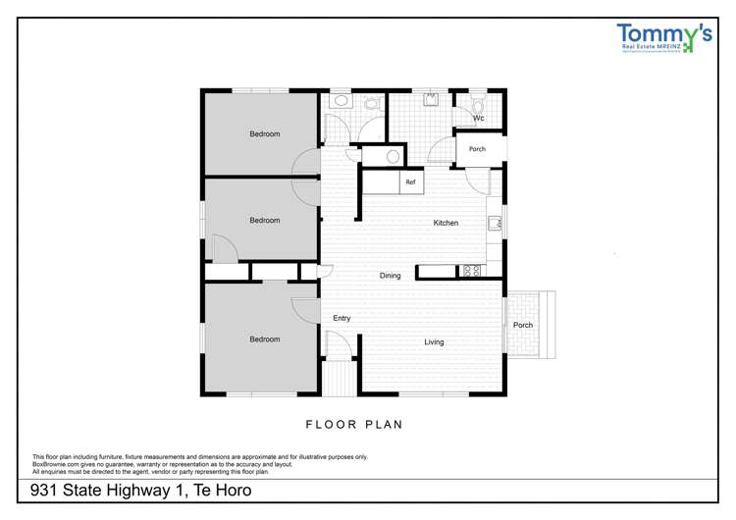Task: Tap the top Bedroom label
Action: pos(264,134)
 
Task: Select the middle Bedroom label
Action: pos(264,221)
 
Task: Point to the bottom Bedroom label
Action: pos(264,339)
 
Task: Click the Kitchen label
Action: pos(446,224)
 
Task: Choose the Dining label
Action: pos(391,276)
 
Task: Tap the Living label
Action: pos(434,342)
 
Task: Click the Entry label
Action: pos(342,318)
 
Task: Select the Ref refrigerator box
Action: pos(411,182)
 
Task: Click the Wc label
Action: pos(479,119)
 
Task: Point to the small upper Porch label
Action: pos(477,149)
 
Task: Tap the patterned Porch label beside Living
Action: pos(523,325)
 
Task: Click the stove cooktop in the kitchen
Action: pos(471,270)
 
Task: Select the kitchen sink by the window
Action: pos(495,223)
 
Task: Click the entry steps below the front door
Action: pos(340,378)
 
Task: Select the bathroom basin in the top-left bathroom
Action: pos(340,99)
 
